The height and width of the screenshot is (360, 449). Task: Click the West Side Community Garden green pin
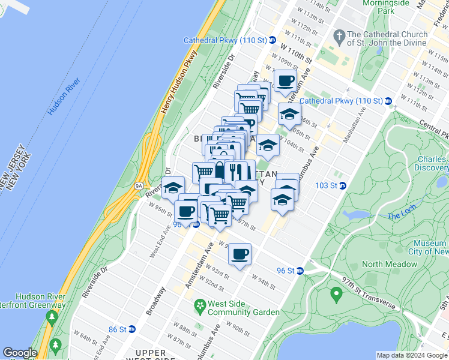199,307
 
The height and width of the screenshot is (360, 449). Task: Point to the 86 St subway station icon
132,329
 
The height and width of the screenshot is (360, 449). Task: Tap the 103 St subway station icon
343,185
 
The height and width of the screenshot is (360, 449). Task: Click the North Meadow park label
390,264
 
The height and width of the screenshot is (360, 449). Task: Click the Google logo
20,352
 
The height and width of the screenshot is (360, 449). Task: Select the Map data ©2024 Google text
411,355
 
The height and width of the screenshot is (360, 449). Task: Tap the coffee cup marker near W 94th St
240,254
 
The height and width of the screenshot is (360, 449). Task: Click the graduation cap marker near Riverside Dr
173,187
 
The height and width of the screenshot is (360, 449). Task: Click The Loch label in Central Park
402,216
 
